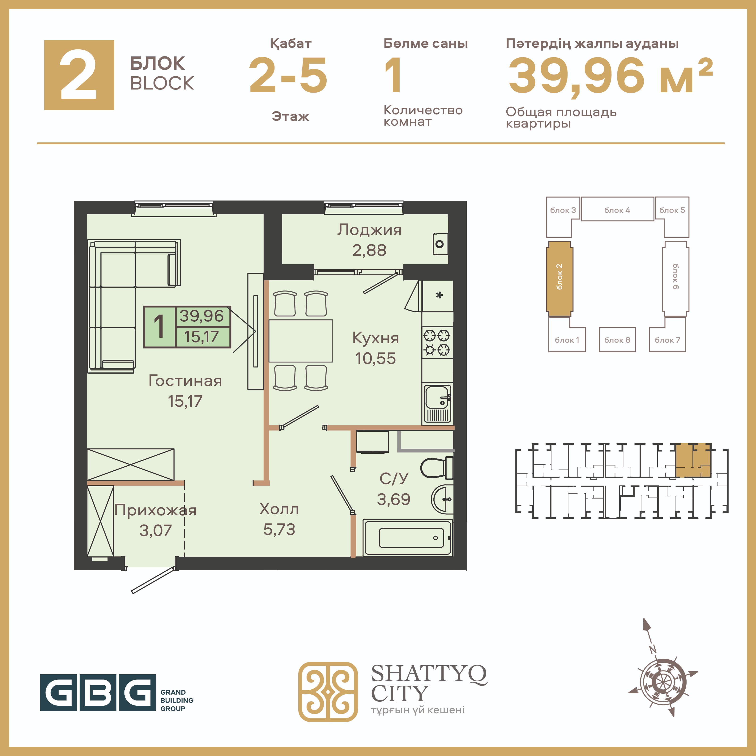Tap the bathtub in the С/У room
[408, 538]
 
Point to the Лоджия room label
[369, 230]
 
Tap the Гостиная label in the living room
[185, 381]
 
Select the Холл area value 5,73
[279, 530]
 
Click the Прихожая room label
[155, 511]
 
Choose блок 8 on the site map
[617, 340]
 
